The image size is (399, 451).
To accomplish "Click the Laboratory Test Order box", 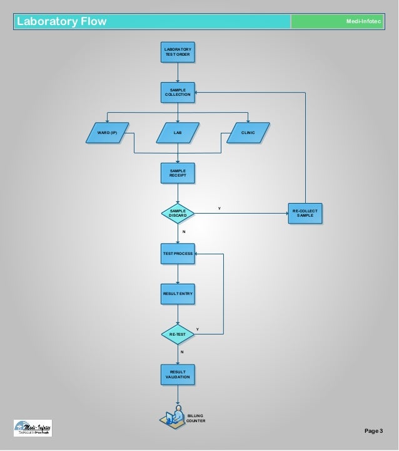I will pyautogui.click(x=178, y=51).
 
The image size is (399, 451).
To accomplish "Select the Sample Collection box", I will pyautogui.click(x=178, y=92).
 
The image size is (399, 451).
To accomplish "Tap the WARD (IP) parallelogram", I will pyautogui.click(x=108, y=133).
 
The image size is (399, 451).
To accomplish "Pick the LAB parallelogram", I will pyautogui.click(x=178, y=133).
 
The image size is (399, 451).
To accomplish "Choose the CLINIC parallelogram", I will pyautogui.click(x=248, y=133).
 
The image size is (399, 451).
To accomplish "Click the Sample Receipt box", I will pyautogui.click(x=178, y=173).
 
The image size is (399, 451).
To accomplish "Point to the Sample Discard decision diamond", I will pyautogui.click(x=178, y=214).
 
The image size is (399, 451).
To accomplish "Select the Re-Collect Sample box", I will pyautogui.click(x=305, y=214).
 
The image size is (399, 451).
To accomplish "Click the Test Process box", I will pyautogui.click(x=178, y=254).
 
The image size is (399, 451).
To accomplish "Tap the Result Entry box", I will pyautogui.click(x=178, y=294).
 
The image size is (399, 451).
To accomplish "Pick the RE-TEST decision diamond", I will pyautogui.click(x=178, y=334).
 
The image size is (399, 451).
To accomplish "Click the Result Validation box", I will pyautogui.click(x=178, y=375).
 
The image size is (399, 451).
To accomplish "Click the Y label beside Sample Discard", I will pyautogui.click(x=219, y=208).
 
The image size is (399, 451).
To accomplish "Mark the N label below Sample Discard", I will pyautogui.click(x=183, y=232).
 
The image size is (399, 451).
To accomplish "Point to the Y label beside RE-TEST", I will pyautogui.click(x=198, y=329).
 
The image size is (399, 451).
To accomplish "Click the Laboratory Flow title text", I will pyautogui.click(x=61, y=22).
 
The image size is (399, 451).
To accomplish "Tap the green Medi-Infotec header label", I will pyautogui.click(x=363, y=22).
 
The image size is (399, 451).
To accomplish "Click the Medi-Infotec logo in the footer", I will pyautogui.click(x=33, y=428).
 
